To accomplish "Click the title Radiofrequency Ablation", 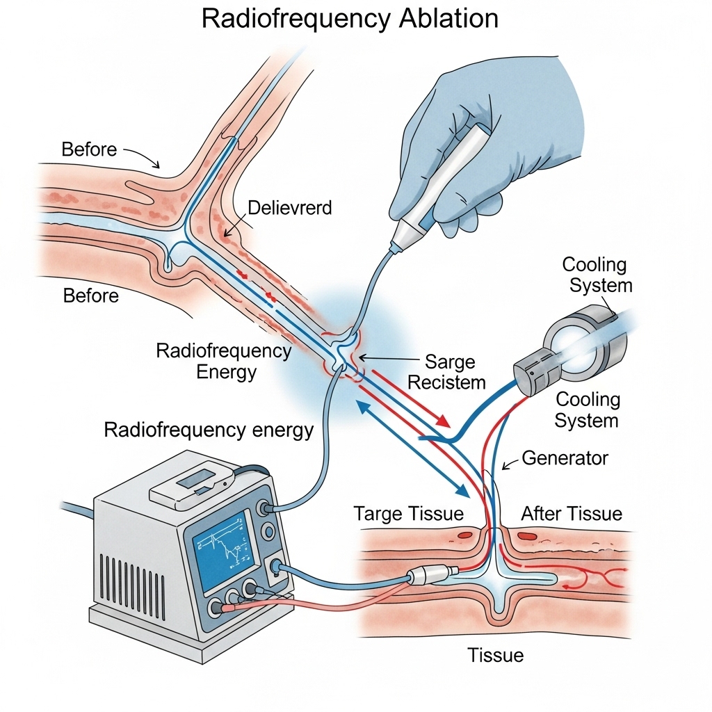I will point(350,18).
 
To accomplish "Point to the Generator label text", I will point(565,458).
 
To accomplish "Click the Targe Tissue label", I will point(408,514).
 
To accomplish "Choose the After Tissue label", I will point(572,514).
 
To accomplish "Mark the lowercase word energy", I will point(274,430).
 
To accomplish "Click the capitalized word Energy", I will point(227,371).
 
